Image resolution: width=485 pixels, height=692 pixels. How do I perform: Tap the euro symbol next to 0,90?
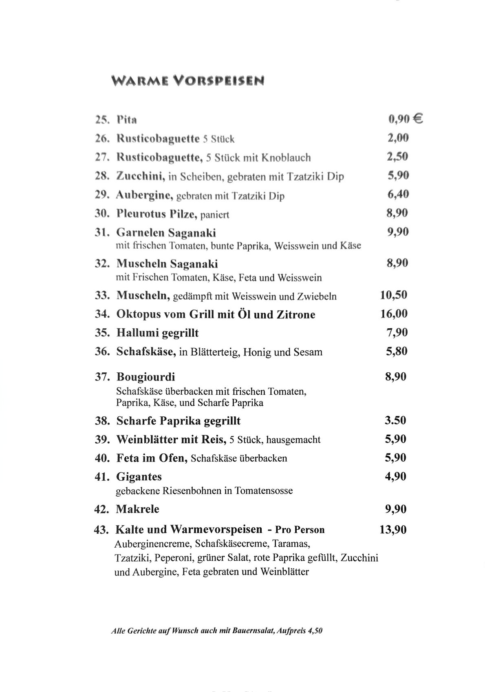[418, 119]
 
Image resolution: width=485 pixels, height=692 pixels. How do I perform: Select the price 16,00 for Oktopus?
[394, 314]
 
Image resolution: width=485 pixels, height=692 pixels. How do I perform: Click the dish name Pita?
[127, 120]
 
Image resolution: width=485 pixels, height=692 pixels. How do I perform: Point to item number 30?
[102, 213]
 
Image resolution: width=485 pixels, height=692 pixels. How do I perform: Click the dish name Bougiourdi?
[145, 376]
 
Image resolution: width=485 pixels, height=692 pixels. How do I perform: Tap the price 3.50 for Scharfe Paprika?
[395, 420]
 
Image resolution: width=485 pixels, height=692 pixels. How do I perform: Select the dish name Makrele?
[137, 509]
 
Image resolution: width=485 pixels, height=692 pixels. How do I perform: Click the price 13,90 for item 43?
[393, 530]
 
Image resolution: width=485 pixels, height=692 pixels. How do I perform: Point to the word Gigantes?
[139, 477]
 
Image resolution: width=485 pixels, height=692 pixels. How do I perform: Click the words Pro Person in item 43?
[300, 530]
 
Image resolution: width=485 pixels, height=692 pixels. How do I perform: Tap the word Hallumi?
[137, 333]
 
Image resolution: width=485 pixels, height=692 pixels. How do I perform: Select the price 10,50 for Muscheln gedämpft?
[393, 295]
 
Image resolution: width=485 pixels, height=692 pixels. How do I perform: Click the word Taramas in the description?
[291, 544]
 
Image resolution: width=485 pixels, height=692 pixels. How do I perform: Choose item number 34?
[102, 314]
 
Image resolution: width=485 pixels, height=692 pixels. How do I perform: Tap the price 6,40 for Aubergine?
[398, 194]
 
